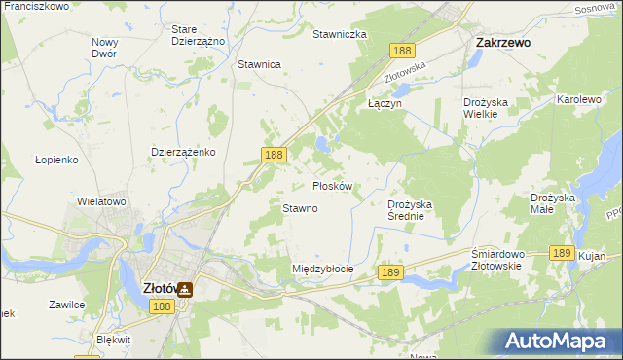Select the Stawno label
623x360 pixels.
(300, 208)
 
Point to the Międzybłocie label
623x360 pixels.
(322, 268)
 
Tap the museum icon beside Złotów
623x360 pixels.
(184, 288)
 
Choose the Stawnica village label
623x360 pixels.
(259, 64)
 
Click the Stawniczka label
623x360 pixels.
(339, 34)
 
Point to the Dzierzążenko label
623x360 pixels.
(184, 153)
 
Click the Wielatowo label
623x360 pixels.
(102, 201)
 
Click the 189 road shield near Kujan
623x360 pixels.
(560, 252)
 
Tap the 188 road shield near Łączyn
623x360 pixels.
(403, 50)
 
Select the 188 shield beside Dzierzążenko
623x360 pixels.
(274, 155)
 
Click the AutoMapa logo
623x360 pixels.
(558, 341)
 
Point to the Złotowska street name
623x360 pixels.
(406, 71)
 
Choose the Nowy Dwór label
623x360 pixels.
(104, 48)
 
